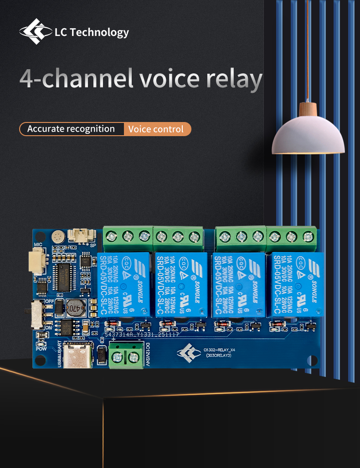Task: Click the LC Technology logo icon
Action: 36,31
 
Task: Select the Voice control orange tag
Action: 156,129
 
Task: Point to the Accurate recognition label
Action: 71,129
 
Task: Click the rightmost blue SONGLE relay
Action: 294,285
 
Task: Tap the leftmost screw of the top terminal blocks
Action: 111,236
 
